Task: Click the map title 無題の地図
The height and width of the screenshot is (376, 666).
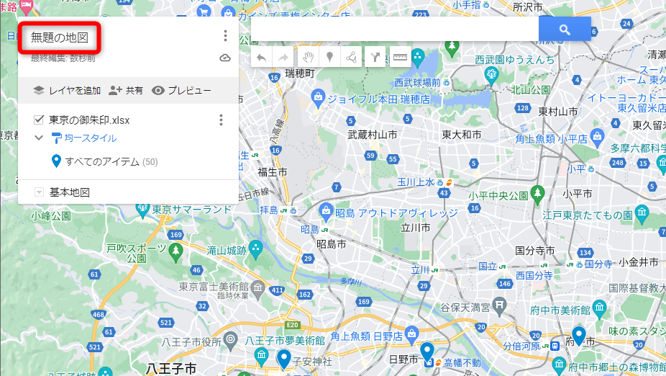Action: [60, 37]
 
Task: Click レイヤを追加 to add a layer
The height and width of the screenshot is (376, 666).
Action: [68, 91]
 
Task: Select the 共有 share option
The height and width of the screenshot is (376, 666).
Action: [126, 91]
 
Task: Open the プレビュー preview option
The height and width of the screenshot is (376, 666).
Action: [181, 91]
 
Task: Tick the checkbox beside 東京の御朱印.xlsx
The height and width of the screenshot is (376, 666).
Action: [39, 120]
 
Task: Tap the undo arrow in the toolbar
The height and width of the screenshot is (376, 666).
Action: [261, 58]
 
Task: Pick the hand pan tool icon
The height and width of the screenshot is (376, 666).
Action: [307, 58]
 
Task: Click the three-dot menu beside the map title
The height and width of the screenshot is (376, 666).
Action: [225, 35]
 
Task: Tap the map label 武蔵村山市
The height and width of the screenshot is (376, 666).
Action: [372, 135]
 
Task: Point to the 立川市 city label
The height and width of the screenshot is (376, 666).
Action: [416, 227]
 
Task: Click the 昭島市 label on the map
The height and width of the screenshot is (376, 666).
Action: [331, 244]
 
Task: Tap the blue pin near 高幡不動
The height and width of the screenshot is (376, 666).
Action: [427, 352]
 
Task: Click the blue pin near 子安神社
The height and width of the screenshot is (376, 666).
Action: [283, 358]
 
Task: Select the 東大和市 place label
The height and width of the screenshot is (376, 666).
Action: [462, 135]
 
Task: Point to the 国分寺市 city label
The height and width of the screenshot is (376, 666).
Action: [535, 251]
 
